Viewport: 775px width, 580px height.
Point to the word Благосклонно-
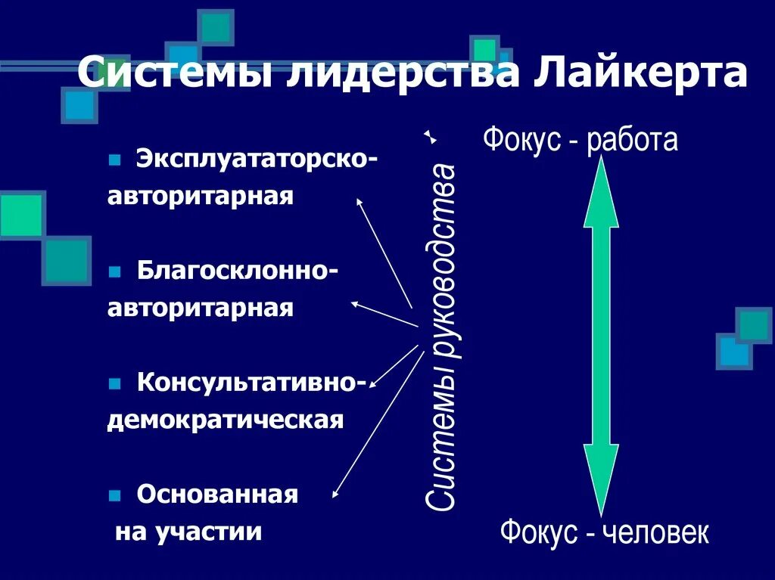[x=237, y=271]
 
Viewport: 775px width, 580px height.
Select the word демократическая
[x=226, y=419]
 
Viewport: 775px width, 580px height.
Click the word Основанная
[x=217, y=495]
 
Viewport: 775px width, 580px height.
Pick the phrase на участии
[x=188, y=532]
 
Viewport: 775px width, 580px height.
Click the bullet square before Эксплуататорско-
[x=115, y=160]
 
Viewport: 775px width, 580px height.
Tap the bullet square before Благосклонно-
[x=115, y=271]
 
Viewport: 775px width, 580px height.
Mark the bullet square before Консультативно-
[x=115, y=383]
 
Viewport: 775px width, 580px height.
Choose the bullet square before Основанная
[x=115, y=496]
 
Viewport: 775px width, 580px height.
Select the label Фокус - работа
[x=580, y=140]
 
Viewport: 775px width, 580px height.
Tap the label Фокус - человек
[x=604, y=532]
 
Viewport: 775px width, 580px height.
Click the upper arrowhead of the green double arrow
[x=601, y=193]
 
